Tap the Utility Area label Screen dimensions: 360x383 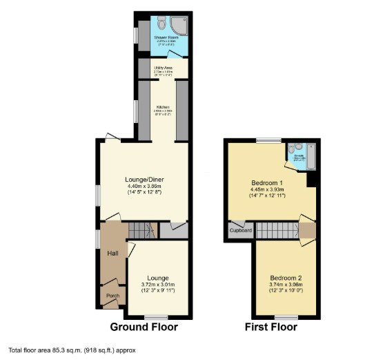click(x=163, y=68)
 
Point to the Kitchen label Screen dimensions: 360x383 click(x=163, y=107)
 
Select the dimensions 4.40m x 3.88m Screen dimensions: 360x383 click(x=146, y=187)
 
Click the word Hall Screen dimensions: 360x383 click(x=113, y=254)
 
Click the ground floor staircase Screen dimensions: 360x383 click(x=143, y=230)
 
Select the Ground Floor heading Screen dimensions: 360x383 click(x=144, y=327)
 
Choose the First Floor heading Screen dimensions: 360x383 click(x=271, y=327)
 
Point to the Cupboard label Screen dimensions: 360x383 click(x=241, y=230)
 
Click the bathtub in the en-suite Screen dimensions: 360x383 click(x=309, y=158)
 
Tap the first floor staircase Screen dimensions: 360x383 click(x=276, y=230)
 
